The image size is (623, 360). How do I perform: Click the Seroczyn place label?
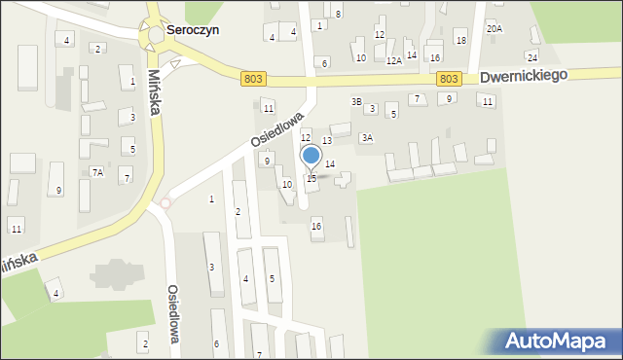(x=192, y=30)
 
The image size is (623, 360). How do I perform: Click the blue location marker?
(x=311, y=156)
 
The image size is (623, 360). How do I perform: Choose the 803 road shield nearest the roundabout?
(x=254, y=79)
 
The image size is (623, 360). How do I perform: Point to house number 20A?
(x=495, y=29)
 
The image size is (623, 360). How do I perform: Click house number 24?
(x=532, y=57)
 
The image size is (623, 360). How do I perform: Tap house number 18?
(x=460, y=40)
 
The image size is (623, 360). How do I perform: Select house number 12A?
(x=393, y=60)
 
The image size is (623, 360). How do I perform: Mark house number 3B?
(x=356, y=101)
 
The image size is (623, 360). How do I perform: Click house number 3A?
(x=366, y=138)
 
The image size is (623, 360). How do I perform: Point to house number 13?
(x=327, y=141)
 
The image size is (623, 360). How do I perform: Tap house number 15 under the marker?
(x=311, y=178)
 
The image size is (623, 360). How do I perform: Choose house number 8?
(x=338, y=14)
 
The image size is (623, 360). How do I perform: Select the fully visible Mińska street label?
(x=154, y=93)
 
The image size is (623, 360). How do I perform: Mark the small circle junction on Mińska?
(x=165, y=202)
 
